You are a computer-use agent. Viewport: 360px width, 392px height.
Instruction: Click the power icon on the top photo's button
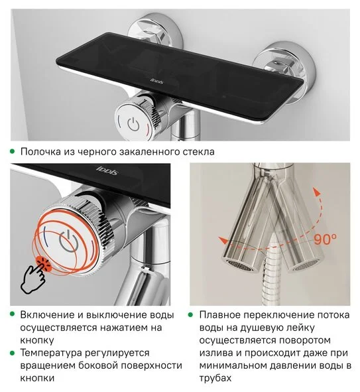(x=133, y=124)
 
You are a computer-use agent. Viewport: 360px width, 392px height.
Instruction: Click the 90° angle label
(x=325, y=239)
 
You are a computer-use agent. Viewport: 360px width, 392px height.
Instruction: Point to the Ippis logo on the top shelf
(x=157, y=80)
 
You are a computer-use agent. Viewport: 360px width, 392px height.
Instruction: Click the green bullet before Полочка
(x=12, y=151)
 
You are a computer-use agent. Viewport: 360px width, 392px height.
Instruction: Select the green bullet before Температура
(x=12, y=353)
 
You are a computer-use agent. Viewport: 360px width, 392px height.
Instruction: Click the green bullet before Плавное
(x=191, y=314)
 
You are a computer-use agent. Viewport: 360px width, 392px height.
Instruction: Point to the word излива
(x=215, y=353)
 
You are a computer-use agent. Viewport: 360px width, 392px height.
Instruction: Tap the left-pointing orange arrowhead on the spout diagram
(x=223, y=240)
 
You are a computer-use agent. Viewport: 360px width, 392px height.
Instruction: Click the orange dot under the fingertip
(x=44, y=264)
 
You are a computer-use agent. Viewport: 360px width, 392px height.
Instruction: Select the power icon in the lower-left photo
(x=68, y=241)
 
